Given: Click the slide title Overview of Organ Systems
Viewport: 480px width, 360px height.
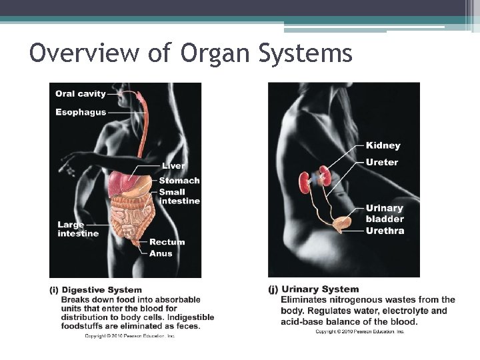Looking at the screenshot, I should point(191,53).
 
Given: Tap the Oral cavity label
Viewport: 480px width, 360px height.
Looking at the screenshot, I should point(80,94).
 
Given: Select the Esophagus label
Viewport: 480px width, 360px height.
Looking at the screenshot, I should point(81,112).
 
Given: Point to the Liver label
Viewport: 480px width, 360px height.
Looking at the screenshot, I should point(173,166).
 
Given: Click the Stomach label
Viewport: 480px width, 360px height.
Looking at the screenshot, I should point(179,181).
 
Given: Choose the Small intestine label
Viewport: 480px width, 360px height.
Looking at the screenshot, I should point(179,197).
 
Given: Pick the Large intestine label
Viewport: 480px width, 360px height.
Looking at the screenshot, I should point(77,229).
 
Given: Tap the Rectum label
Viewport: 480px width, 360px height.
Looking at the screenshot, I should point(167,242).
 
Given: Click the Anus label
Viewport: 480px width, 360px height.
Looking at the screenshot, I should point(161,253).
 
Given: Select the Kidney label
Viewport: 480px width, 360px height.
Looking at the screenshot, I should point(383,145).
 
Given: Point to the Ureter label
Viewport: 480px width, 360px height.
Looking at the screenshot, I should point(381,162).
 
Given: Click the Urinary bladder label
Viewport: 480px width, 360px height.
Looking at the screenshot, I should point(385,213).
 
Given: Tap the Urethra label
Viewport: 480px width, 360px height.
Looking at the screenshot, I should point(385,231).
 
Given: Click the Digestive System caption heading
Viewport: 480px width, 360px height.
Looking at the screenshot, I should point(101,289).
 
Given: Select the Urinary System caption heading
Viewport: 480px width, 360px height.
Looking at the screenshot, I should point(320,289).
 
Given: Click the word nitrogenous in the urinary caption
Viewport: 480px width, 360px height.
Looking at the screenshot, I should point(357,300).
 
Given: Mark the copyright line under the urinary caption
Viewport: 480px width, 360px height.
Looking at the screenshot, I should point(359,331).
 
